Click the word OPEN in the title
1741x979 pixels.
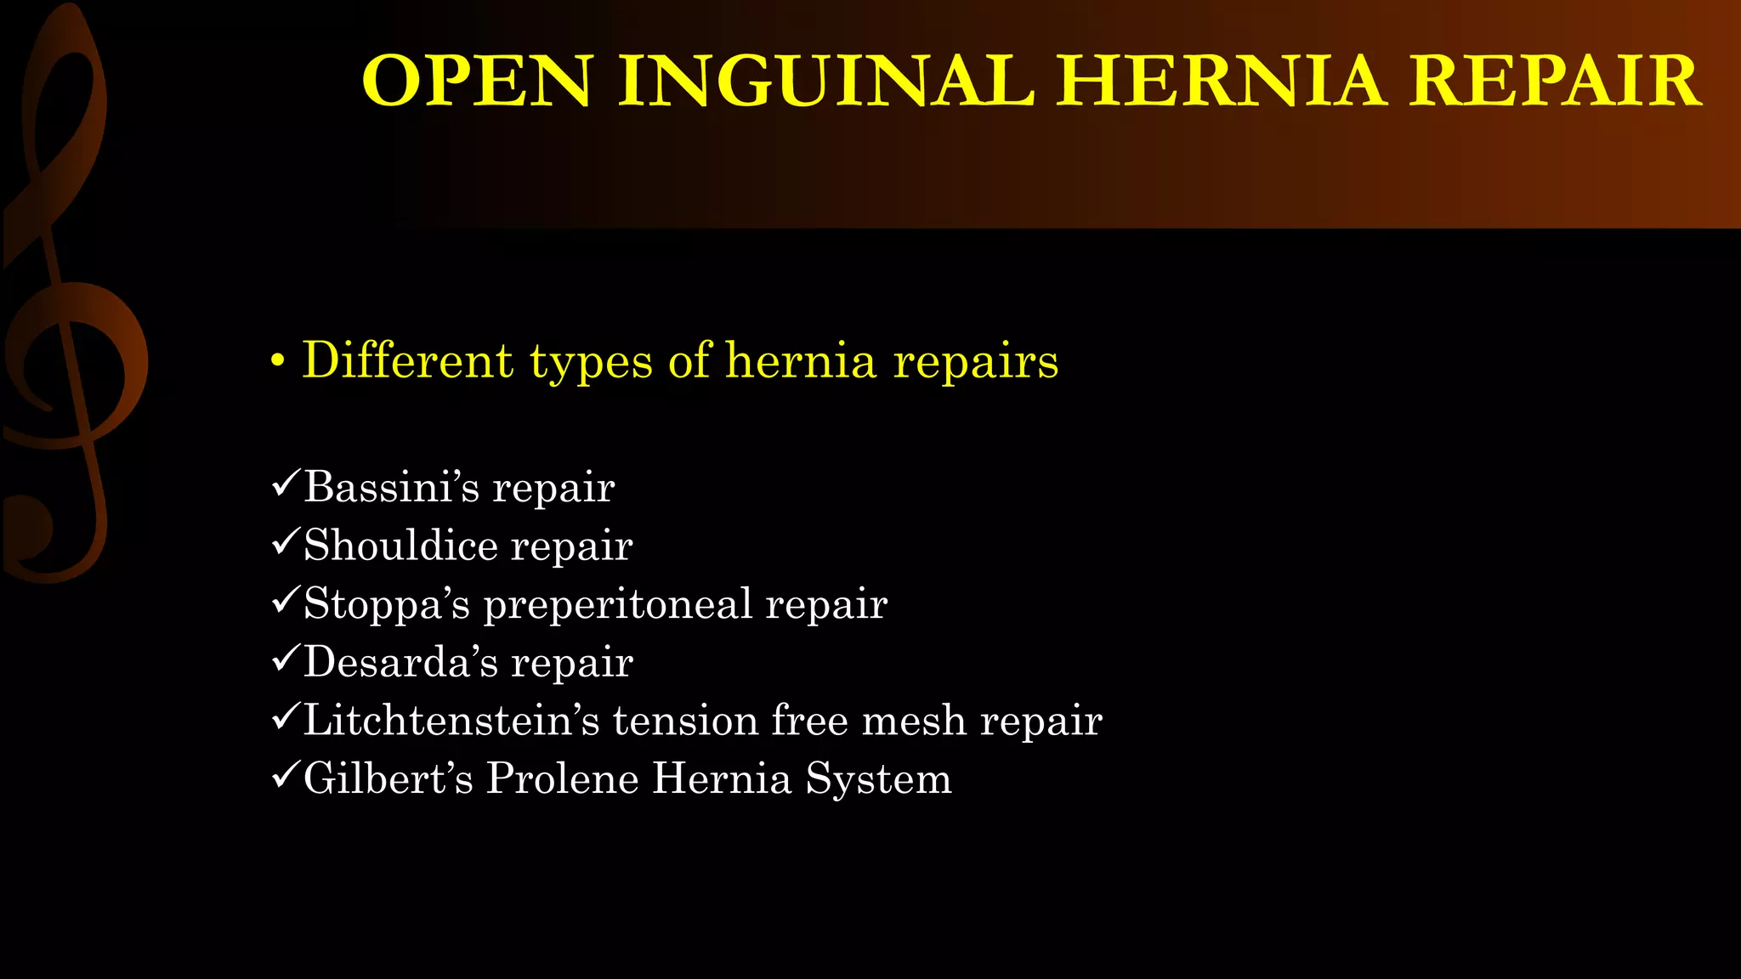(476, 82)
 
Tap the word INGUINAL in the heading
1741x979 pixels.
(825, 82)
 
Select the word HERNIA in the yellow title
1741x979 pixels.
(1221, 82)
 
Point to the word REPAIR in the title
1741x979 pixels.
(1556, 82)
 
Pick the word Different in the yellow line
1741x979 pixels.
(407, 360)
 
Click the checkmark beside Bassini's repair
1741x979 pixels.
(284, 485)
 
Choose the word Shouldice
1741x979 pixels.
(400, 546)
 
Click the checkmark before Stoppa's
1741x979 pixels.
(284, 602)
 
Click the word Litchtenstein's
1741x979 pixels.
(451, 721)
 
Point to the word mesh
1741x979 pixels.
(914, 721)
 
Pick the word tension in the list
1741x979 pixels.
(685, 721)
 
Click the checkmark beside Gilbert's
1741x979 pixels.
(284, 777)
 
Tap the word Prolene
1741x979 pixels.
(562, 778)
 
